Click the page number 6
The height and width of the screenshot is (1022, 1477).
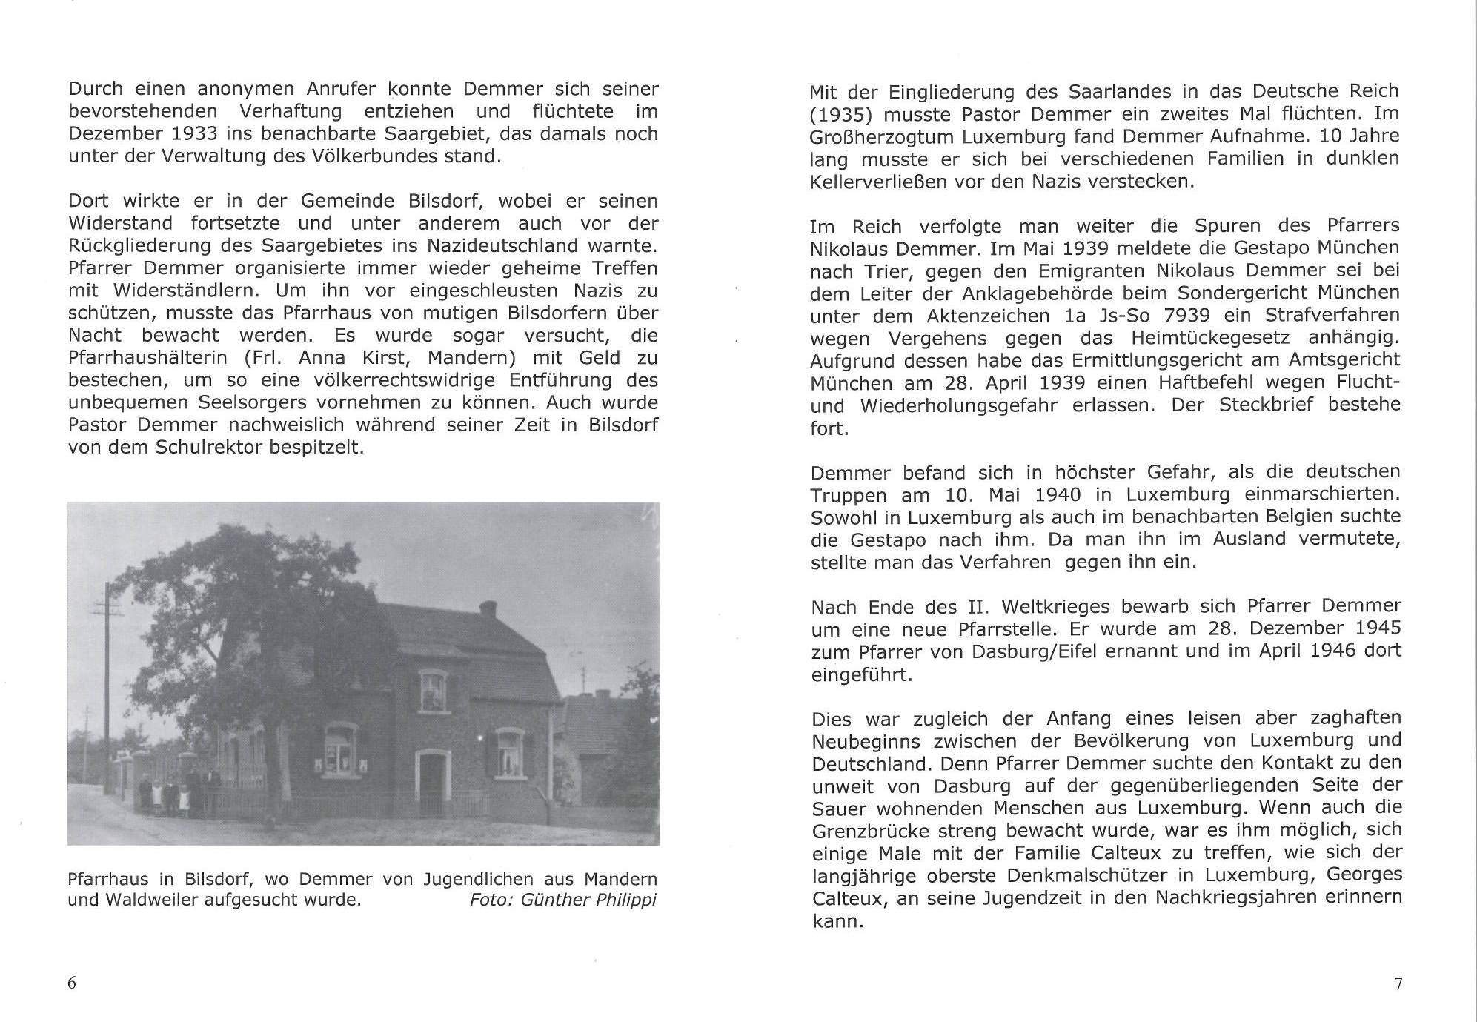pyautogui.click(x=72, y=983)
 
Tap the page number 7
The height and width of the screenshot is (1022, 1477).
pyautogui.click(x=1398, y=984)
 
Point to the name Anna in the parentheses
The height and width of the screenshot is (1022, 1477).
pyautogui.click(x=322, y=358)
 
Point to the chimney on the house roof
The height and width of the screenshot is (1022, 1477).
pyautogui.click(x=487, y=608)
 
